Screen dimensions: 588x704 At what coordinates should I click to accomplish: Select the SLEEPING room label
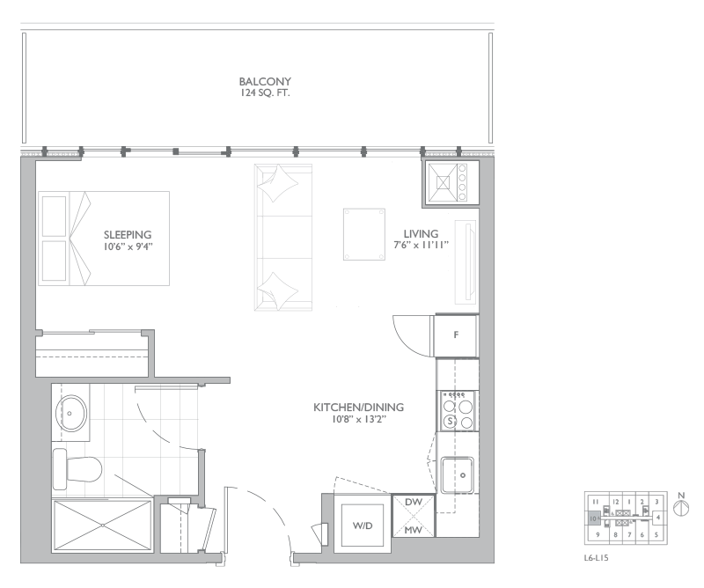128,235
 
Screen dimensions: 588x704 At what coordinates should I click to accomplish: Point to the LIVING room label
421,233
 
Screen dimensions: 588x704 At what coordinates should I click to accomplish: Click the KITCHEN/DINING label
358,408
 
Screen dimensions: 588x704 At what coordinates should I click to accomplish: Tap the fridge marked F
456,335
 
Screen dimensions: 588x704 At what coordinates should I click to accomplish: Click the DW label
414,501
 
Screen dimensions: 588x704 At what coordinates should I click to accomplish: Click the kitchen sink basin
460,475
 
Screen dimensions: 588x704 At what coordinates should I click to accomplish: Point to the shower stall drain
102,525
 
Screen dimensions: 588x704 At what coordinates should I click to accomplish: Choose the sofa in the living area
282,236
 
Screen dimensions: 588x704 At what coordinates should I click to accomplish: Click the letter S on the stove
451,422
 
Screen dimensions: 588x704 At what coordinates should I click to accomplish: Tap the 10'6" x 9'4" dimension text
128,246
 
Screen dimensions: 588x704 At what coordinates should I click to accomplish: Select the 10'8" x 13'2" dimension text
358,420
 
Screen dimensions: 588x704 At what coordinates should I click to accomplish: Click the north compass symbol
679,509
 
